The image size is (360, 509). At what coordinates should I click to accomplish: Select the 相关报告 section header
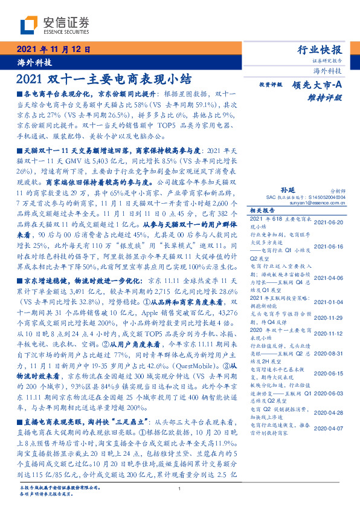pos(262,211)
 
